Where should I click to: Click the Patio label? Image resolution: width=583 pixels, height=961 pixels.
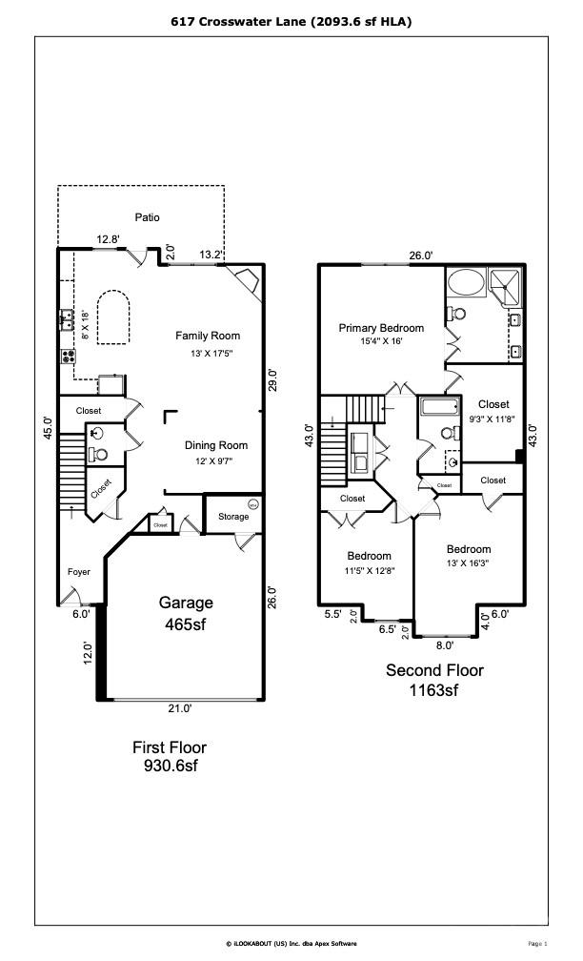coord(147,217)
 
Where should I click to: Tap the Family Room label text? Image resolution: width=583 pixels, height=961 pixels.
coord(207,336)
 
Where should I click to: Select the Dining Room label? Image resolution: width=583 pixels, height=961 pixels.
coord(215,445)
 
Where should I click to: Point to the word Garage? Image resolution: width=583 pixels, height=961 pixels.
coord(186,603)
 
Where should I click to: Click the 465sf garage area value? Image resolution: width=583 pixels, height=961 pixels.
coord(186,624)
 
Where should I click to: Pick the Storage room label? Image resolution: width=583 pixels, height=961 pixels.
coord(232,517)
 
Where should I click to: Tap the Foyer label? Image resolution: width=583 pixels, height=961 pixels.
coord(79,572)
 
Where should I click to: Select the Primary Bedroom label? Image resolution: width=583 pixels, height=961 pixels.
coord(381,328)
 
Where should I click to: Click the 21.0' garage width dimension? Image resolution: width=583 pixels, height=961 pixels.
coord(180,708)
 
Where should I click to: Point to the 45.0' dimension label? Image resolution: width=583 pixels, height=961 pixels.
coord(48,425)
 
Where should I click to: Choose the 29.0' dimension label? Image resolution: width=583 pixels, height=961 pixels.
coord(272,379)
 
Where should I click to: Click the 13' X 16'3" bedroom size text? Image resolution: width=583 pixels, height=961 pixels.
coord(469,563)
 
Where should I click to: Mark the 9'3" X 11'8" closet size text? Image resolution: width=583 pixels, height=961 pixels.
coord(493,418)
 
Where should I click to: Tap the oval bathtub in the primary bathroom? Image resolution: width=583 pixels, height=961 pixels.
coord(467,282)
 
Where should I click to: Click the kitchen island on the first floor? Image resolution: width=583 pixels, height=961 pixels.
coord(112,317)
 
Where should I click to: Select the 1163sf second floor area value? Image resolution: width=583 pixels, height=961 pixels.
coord(433,689)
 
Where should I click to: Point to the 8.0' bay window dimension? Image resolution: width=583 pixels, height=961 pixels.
coord(444,645)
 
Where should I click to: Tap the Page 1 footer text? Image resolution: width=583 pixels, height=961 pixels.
coord(537,943)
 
